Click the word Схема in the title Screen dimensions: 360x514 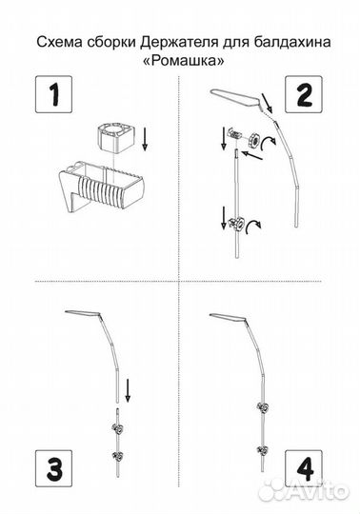pyautogui.click(x=59, y=43)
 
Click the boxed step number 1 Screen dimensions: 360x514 pyautogui.click(x=53, y=94)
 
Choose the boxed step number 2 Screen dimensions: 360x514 pyautogui.click(x=304, y=94)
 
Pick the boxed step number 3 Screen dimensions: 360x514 pyautogui.click(x=53, y=468)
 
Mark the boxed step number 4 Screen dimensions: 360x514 pyautogui.click(x=304, y=468)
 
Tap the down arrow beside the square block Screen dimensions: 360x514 pyautogui.click(x=145, y=139)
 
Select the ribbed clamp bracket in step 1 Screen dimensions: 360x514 pyautogui.click(x=101, y=187)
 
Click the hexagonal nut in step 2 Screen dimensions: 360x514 pyautogui.click(x=254, y=140)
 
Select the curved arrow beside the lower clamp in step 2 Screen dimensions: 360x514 pyautogui.click(x=253, y=226)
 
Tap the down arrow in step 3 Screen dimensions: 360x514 pyautogui.click(x=128, y=390)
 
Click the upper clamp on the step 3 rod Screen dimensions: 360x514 pyautogui.click(x=117, y=427)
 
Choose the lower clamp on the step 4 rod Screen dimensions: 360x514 pyautogui.click(x=262, y=450)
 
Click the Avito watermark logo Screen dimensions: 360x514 pyautogui.click(x=304, y=492)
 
